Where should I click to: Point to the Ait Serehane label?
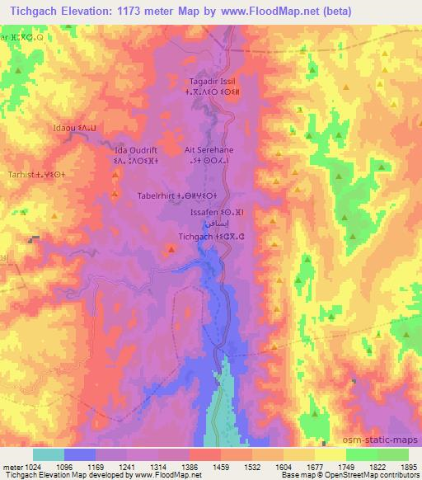pos(210,151)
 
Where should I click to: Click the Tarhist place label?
pos(28,175)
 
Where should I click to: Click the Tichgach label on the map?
pos(199,237)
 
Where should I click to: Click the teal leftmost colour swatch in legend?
pos(49,454)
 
